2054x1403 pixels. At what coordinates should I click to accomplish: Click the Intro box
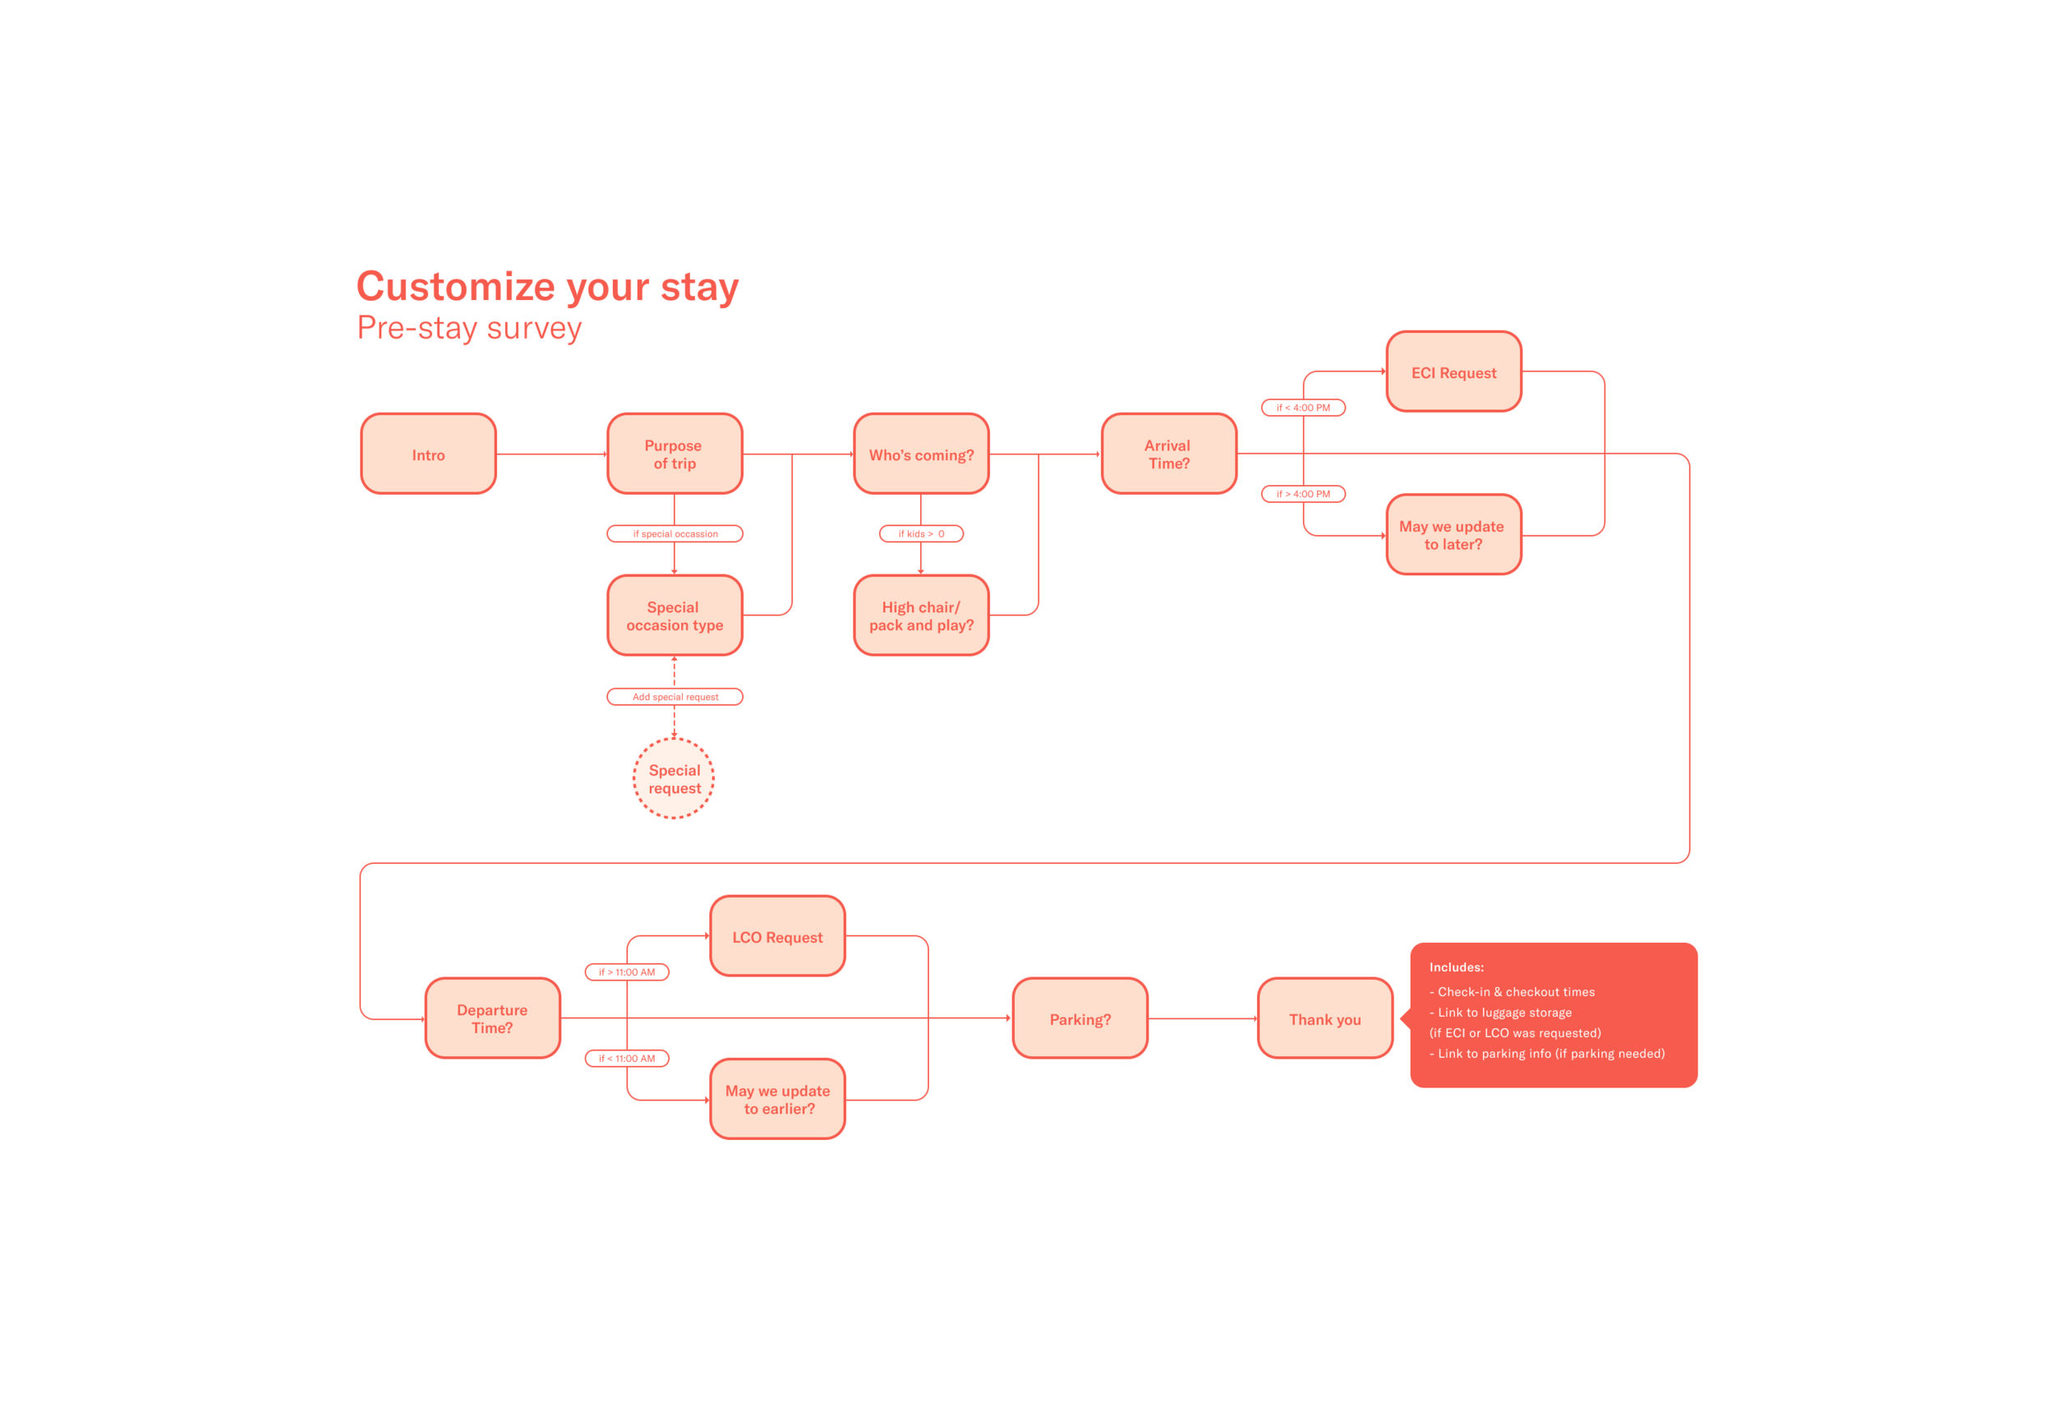click(429, 454)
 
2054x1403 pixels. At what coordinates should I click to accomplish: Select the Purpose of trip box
click(675, 454)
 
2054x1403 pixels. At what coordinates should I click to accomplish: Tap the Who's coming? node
click(921, 454)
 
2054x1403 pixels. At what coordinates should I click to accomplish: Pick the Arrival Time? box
click(1168, 454)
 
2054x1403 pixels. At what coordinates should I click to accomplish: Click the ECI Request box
click(1454, 372)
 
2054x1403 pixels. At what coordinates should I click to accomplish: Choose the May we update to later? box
click(1454, 535)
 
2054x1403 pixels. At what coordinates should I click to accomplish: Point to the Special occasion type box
click(675, 616)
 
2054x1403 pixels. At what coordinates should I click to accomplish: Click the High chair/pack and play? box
click(921, 616)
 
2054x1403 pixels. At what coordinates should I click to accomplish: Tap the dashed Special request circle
click(675, 779)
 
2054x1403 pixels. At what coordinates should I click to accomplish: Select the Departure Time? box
click(492, 1018)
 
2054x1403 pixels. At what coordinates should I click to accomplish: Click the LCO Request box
click(778, 936)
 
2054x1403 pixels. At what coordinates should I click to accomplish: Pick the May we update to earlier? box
click(778, 1100)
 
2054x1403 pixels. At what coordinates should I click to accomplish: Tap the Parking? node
click(1080, 1018)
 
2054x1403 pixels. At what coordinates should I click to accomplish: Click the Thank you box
click(1326, 1018)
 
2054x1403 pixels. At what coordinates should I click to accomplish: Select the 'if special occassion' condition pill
click(675, 534)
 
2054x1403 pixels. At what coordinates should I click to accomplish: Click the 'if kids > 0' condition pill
click(921, 534)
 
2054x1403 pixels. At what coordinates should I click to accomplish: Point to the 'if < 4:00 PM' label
click(1304, 408)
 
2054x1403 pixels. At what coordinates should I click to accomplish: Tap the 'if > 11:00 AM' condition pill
click(628, 972)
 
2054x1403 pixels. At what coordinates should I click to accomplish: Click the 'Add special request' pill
click(675, 698)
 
